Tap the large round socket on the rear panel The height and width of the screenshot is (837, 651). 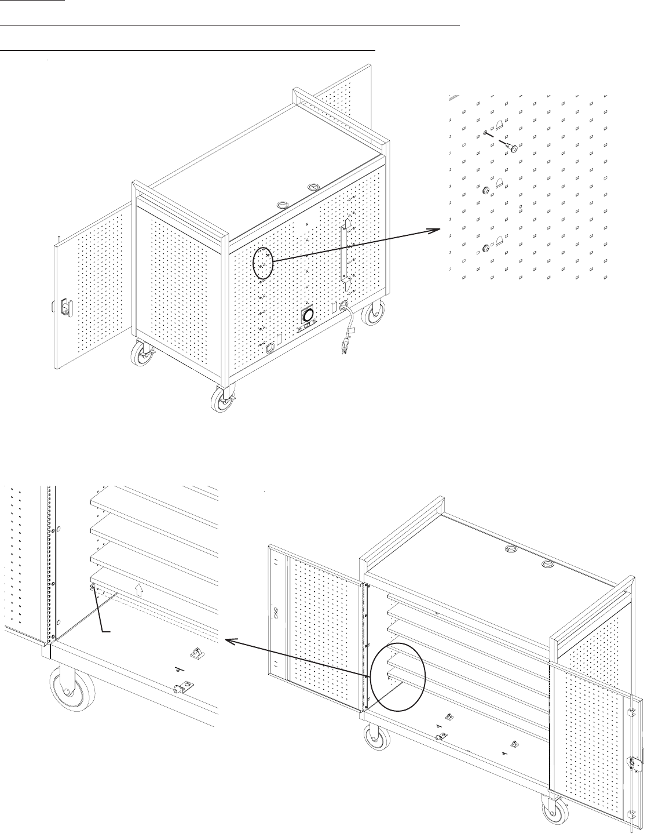pyautogui.click(x=308, y=315)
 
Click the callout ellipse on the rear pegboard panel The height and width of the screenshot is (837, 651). pyautogui.click(x=263, y=263)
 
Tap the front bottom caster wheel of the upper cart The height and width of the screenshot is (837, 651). pyautogui.click(x=220, y=400)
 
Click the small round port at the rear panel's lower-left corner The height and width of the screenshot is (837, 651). pyautogui.click(x=270, y=349)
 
